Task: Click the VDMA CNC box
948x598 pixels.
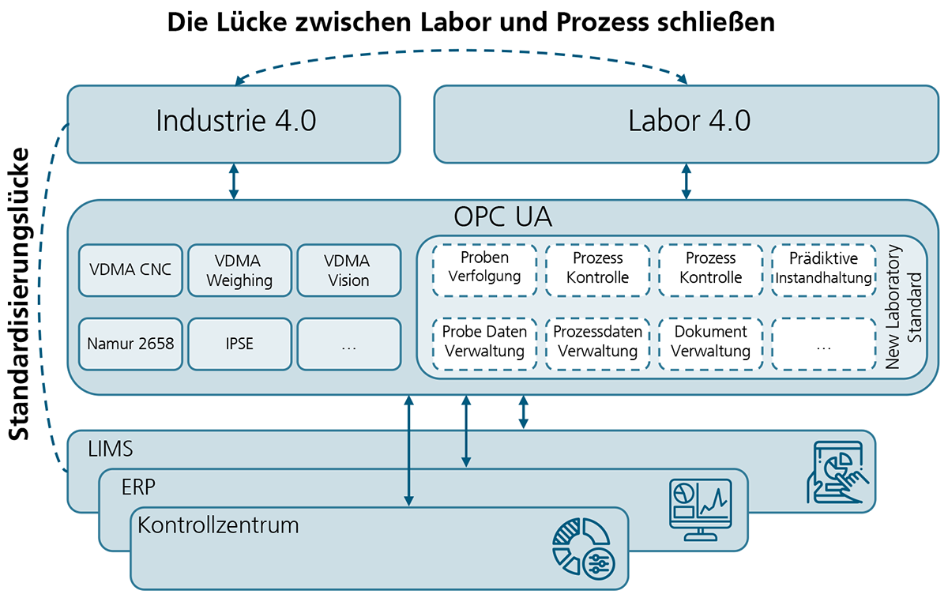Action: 130,269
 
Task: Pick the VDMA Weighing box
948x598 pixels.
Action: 239,269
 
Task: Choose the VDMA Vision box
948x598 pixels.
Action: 348,269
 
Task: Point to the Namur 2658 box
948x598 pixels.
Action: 130,344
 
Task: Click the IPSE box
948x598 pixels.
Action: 239,344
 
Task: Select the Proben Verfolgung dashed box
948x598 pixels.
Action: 484,269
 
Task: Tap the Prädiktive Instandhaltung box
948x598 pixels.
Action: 823,269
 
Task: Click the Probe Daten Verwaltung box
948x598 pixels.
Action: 484,344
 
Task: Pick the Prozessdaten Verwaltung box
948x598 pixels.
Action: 597,344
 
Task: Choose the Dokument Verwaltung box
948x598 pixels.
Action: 709,344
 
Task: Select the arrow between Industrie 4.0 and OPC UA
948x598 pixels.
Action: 233,182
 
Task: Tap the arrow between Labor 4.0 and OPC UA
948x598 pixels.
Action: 686,182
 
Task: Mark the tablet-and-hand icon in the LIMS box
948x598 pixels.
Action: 836,472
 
